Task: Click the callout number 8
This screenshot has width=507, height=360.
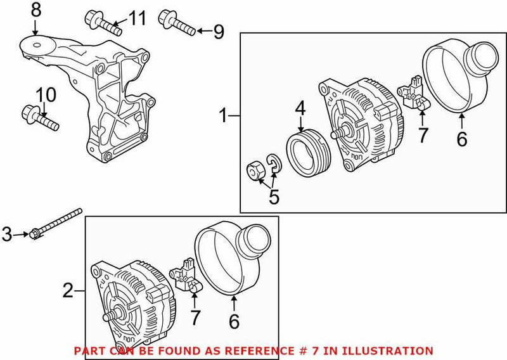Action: click(35, 10)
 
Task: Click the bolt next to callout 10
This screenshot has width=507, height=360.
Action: click(44, 119)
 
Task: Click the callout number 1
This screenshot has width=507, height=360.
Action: click(222, 115)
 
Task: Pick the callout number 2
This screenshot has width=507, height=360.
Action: click(68, 292)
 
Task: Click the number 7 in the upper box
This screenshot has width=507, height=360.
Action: click(423, 134)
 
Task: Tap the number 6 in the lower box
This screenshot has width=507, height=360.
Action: click(234, 322)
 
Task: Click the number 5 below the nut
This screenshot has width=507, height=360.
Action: click(274, 197)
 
